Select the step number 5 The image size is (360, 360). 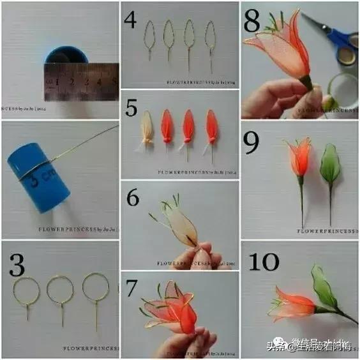pyautogui.click(x=131, y=107)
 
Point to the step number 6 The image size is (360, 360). pyautogui.click(x=132, y=198)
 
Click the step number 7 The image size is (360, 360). pyautogui.click(x=131, y=289)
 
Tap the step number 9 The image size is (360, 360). pyautogui.click(x=252, y=143)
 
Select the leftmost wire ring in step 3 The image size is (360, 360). pyautogui.click(x=25, y=290)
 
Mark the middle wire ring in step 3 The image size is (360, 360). pyautogui.click(x=60, y=290)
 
